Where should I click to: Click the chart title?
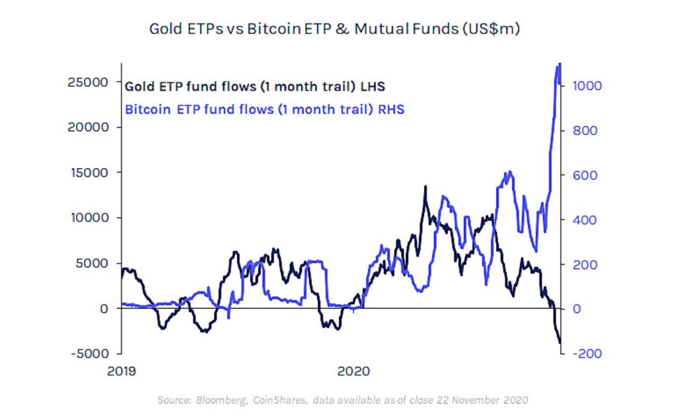pos(334,29)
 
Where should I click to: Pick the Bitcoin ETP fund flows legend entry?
pos(264,109)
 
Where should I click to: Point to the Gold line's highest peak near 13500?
pos(425,187)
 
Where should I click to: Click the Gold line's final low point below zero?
pos(560,343)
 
